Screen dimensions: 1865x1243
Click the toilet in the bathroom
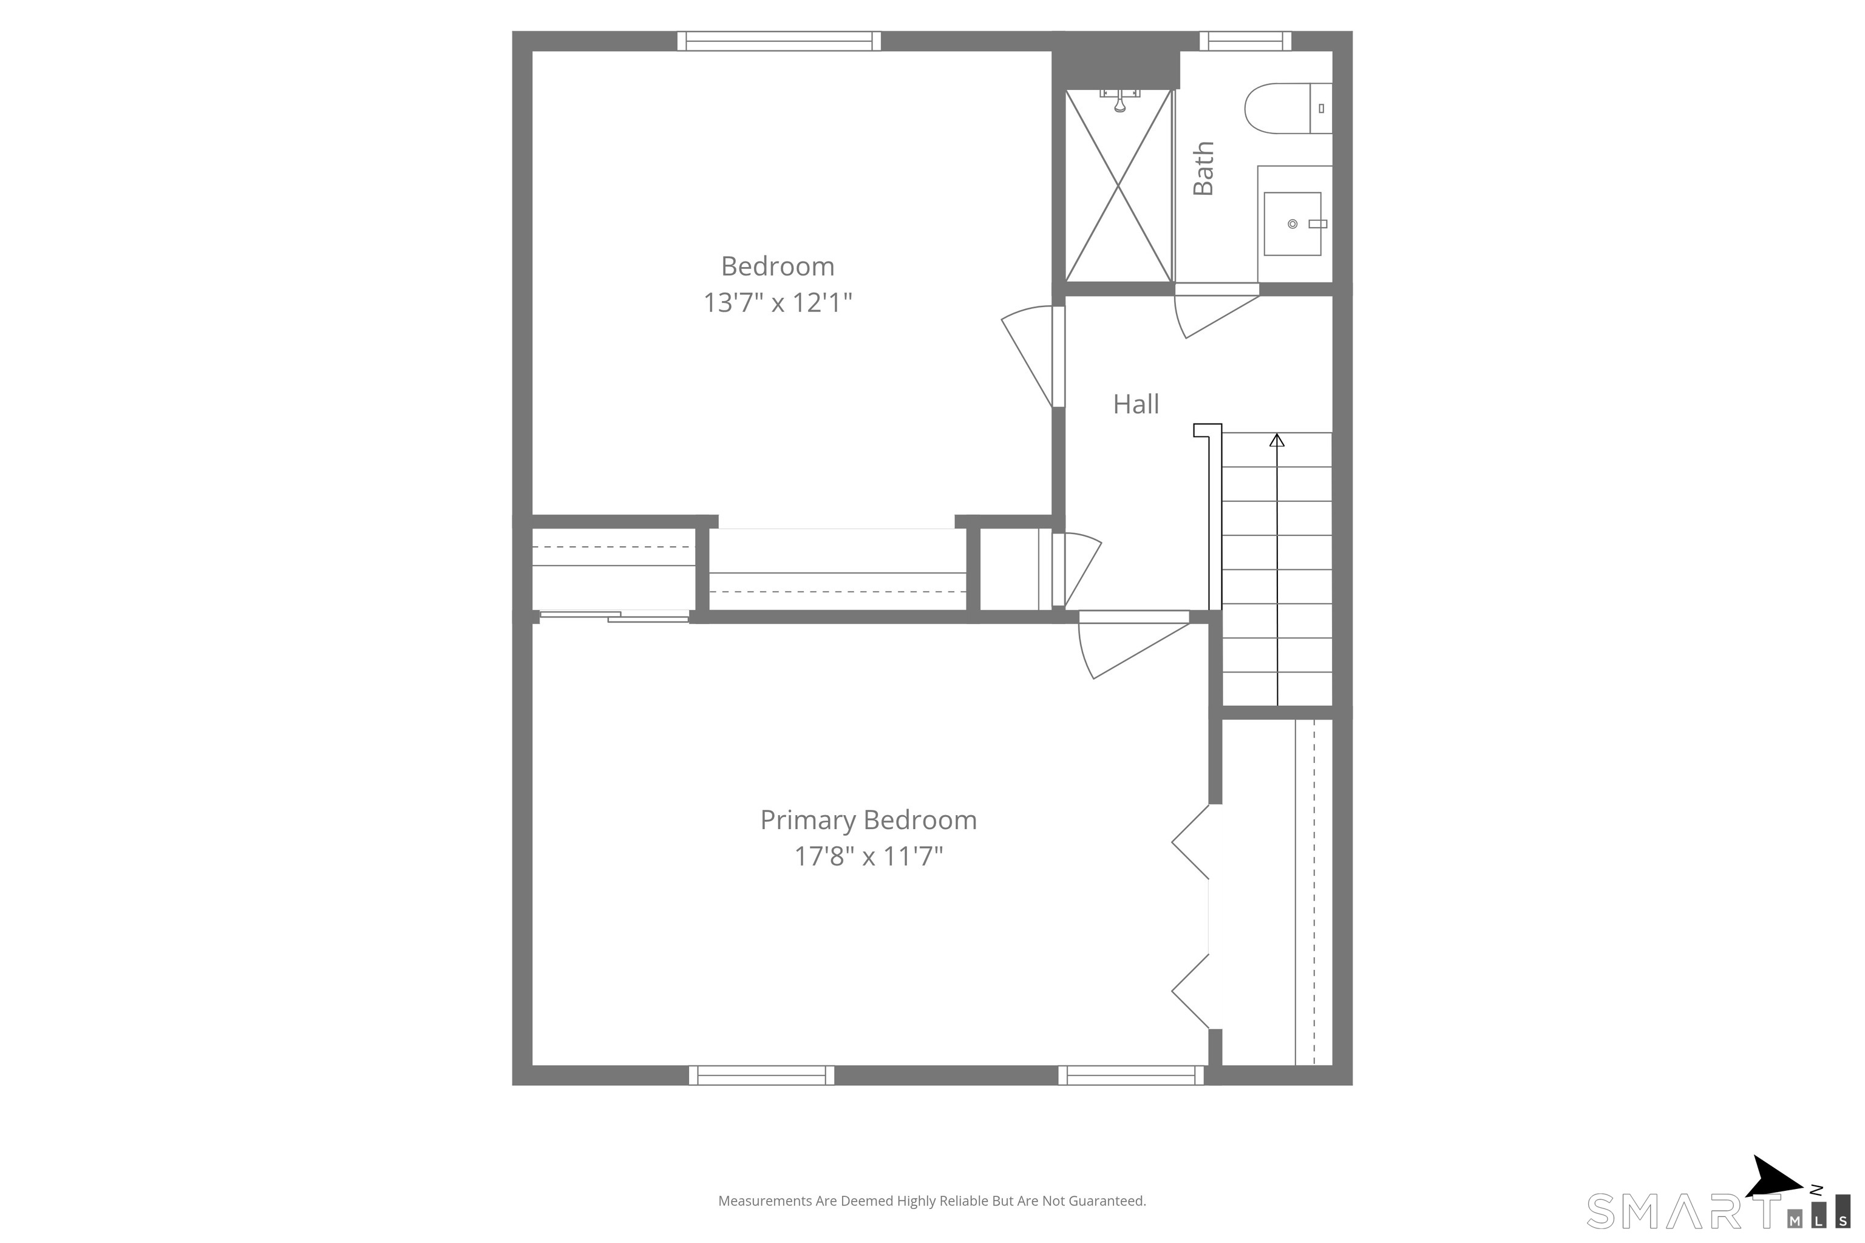tap(1288, 108)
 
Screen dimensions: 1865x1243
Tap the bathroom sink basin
tap(1292, 223)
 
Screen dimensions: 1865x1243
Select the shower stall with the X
tap(1118, 186)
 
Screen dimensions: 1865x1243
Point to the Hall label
tap(1135, 404)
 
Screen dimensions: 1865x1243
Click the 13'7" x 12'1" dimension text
tap(777, 303)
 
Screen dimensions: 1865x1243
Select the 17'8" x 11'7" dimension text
tap(868, 856)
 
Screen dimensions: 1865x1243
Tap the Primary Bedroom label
tap(868, 820)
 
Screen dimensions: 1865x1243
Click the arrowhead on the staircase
tap(1277, 439)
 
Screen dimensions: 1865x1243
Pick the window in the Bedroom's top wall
tap(779, 41)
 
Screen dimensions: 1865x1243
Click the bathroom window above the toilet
tap(1245, 41)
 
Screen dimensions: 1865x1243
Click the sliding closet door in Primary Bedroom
tap(614, 616)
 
